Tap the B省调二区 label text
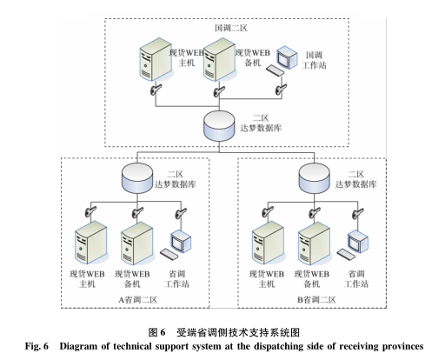click(x=315, y=299)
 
